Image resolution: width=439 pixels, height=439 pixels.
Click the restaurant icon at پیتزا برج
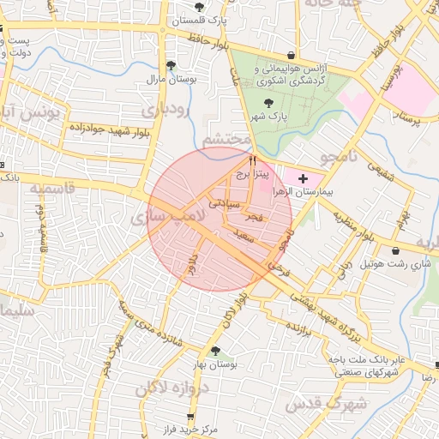252,160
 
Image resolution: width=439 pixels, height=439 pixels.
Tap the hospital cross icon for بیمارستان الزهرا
302,177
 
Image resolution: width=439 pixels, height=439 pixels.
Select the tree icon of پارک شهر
269,102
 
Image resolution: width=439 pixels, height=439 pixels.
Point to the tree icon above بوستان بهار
215,351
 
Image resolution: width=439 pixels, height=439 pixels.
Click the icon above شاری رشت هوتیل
395,251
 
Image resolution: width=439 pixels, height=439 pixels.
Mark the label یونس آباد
31,113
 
